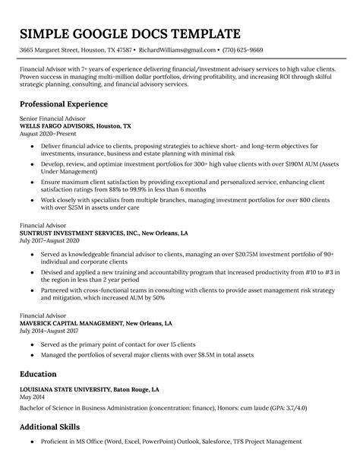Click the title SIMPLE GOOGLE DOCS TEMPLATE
click(x=130, y=34)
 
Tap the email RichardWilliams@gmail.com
click(x=177, y=50)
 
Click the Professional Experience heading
click(x=63, y=103)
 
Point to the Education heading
click(x=38, y=374)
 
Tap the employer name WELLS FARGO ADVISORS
click(x=53, y=126)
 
